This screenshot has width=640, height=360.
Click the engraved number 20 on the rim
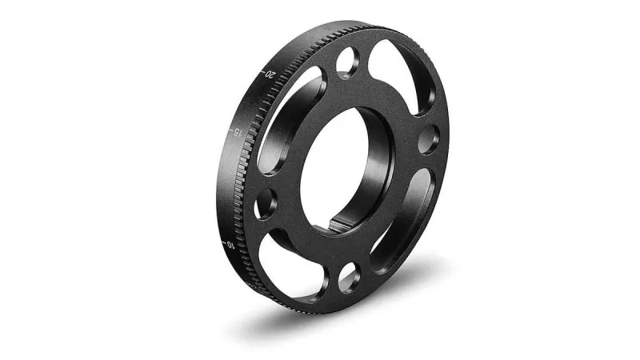(x=272, y=74)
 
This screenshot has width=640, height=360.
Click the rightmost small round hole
(x=428, y=139)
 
